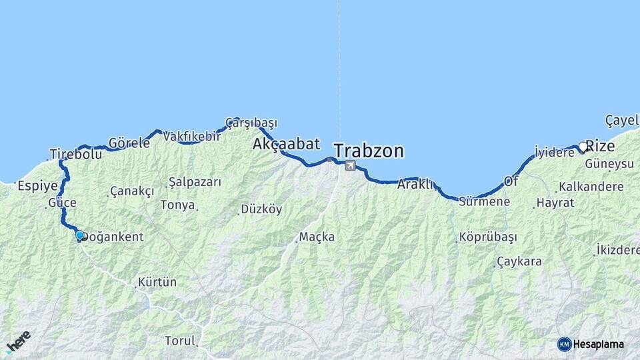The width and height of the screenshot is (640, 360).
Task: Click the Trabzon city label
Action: click(369, 151)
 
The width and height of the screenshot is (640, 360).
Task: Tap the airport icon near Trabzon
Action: click(351, 165)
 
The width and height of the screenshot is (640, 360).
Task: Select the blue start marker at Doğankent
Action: click(79, 235)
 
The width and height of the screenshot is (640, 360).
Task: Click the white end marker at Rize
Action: click(583, 147)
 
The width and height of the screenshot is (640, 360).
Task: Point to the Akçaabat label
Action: click(286, 144)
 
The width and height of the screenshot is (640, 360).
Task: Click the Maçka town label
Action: click(317, 237)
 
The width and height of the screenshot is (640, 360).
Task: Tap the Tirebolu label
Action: click(75, 155)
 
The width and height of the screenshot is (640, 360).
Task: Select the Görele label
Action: click(129, 143)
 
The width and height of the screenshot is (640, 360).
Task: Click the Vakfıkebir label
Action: click(191, 136)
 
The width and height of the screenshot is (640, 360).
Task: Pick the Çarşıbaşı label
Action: click(251, 123)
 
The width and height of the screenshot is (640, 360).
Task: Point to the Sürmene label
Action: click(484, 201)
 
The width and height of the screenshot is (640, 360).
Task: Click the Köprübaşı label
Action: click(488, 237)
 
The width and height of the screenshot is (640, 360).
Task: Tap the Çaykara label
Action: click(519, 261)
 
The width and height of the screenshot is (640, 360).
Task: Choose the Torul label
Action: click(180, 341)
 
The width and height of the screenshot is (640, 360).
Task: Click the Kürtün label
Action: click(157, 282)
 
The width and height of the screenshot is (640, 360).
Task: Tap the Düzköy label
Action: click(261, 209)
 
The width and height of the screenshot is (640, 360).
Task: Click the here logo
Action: click(19, 341)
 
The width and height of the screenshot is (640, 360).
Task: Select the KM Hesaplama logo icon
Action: click(565, 344)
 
